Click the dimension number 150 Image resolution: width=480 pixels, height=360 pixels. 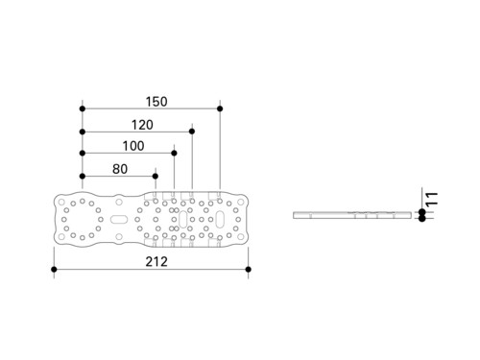pos(156,102)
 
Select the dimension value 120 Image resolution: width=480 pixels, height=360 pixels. pos(142,125)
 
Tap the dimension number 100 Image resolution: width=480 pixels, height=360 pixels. pos(133,146)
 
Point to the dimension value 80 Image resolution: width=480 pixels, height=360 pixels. pos(120,169)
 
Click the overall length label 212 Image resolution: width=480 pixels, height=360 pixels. pos(156,262)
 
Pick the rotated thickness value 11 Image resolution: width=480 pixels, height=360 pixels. pos(432,199)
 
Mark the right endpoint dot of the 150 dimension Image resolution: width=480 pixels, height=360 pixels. pos(220,108)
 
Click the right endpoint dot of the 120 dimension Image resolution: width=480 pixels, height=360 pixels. pos(192,132)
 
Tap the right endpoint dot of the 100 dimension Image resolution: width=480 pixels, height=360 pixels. pos(174,154)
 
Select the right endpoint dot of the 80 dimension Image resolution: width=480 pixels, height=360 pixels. pos(156,176)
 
